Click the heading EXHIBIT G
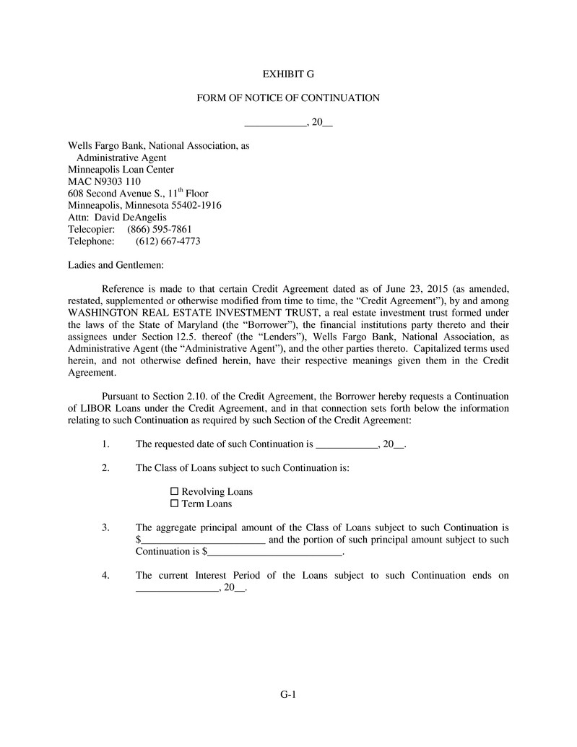tap(288, 74)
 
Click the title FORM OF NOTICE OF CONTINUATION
tap(288, 98)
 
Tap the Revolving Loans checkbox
tap(174, 492)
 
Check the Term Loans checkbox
tap(174, 504)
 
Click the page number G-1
tap(289, 695)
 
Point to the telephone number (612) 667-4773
tap(168, 241)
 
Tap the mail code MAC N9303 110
tap(104, 181)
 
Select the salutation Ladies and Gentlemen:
tap(116, 264)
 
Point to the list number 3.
tap(105, 527)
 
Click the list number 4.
tap(105, 576)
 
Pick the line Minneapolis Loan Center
tap(121, 170)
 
